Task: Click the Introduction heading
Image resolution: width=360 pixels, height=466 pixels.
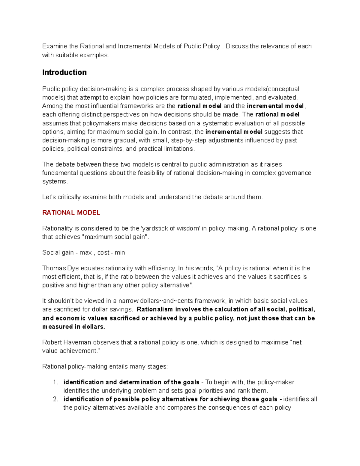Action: click(x=64, y=72)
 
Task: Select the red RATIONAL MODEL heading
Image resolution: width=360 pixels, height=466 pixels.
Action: click(x=71, y=213)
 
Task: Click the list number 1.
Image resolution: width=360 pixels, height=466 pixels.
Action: click(x=55, y=382)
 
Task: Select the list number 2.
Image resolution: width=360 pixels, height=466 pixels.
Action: click(x=55, y=399)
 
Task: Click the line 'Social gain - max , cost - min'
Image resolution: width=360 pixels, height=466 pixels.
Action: click(x=83, y=253)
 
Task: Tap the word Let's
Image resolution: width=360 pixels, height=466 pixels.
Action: click(x=49, y=197)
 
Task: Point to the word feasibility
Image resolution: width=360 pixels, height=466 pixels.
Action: click(x=153, y=173)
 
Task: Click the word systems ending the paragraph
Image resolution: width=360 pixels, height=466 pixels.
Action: click(x=55, y=182)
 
